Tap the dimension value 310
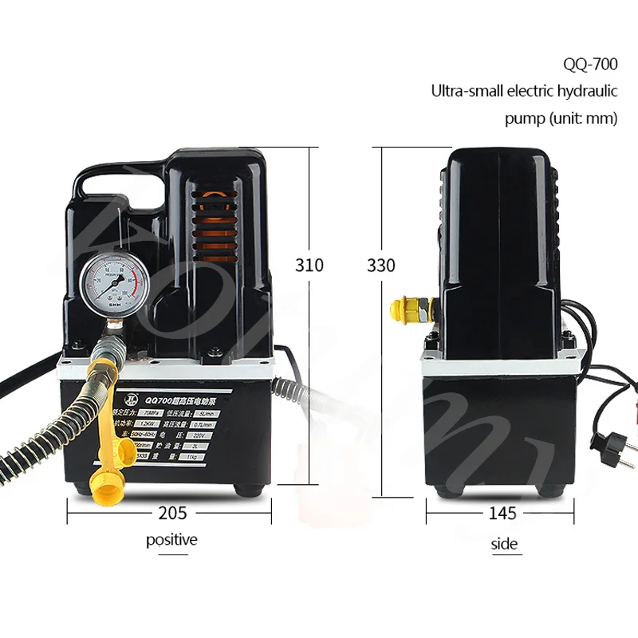[x=309, y=266]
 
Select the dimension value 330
[x=381, y=266]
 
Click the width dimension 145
[x=502, y=513]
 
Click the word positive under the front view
[x=171, y=540]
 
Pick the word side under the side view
[x=504, y=544]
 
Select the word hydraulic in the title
[x=585, y=91]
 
